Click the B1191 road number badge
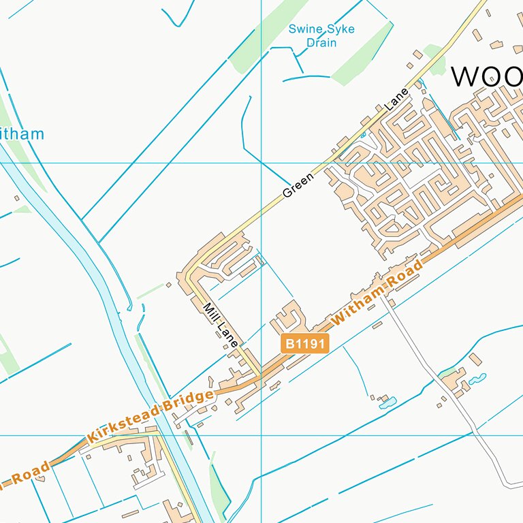click(x=305, y=343)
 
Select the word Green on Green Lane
click(x=298, y=185)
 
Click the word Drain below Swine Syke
click(x=321, y=43)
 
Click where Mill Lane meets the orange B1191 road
click(x=259, y=376)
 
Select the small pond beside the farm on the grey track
click(x=480, y=377)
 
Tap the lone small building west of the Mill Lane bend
click(x=168, y=285)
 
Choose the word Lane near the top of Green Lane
click(x=397, y=99)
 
